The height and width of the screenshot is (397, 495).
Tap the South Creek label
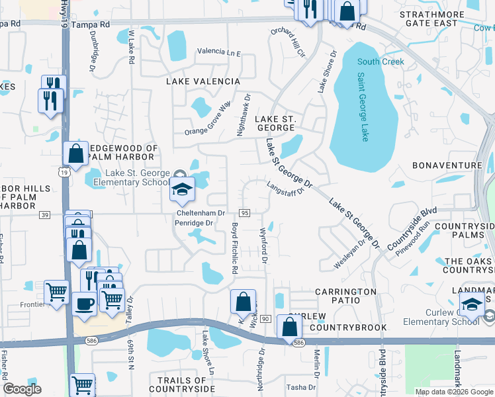click(x=381, y=62)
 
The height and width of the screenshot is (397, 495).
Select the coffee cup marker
click(x=83, y=304)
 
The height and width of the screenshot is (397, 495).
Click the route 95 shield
click(x=244, y=213)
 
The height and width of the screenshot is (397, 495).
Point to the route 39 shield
click(x=44, y=215)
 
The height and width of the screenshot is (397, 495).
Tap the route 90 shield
click(x=265, y=319)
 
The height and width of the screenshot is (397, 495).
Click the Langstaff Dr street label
click(x=285, y=189)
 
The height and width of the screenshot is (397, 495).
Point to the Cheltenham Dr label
click(x=201, y=213)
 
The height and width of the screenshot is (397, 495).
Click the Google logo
click(x=22, y=389)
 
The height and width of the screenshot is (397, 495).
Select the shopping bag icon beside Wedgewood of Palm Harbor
click(x=76, y=154)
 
